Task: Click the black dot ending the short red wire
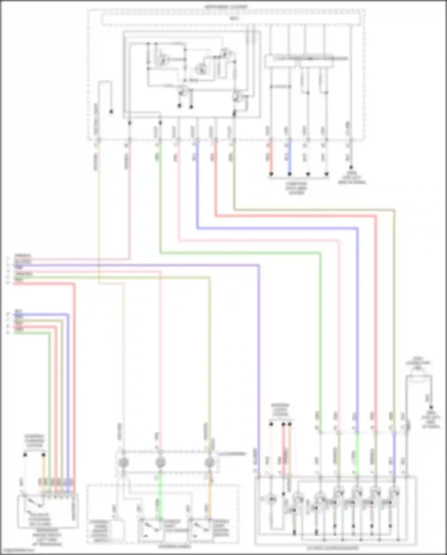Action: [271, 174]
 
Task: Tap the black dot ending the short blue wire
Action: [289, 174]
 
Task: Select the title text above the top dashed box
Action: [226, 6]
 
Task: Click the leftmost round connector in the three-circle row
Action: [123, 463]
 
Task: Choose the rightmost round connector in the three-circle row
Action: [210, 463]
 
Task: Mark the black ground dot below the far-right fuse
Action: [431, 407]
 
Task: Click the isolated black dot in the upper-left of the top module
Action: [111, 112]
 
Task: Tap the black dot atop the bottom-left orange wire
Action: [44, 455]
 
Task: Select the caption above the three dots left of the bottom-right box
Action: [280, 410]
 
